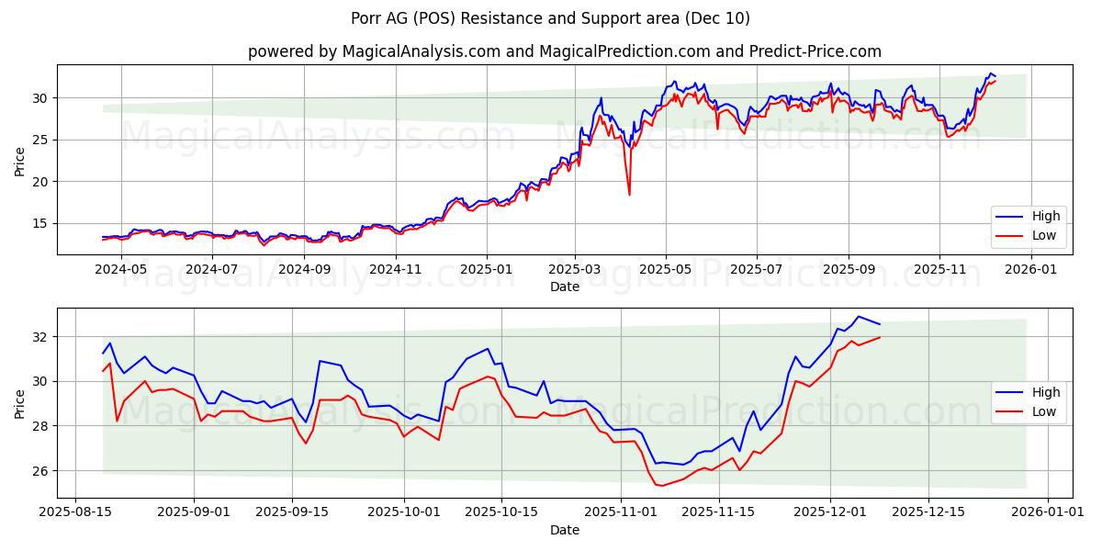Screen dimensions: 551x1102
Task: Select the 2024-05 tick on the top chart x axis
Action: tap(121, 269)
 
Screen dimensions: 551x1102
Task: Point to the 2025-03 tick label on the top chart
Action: tap(575, 269)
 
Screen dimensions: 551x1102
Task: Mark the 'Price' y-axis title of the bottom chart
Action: tap(20, 403)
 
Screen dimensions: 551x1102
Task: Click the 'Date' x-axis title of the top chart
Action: tap(564, 287)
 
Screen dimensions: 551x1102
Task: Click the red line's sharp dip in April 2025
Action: tap(629, 194)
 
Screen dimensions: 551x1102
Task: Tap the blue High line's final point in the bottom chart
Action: tap(880, 324)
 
